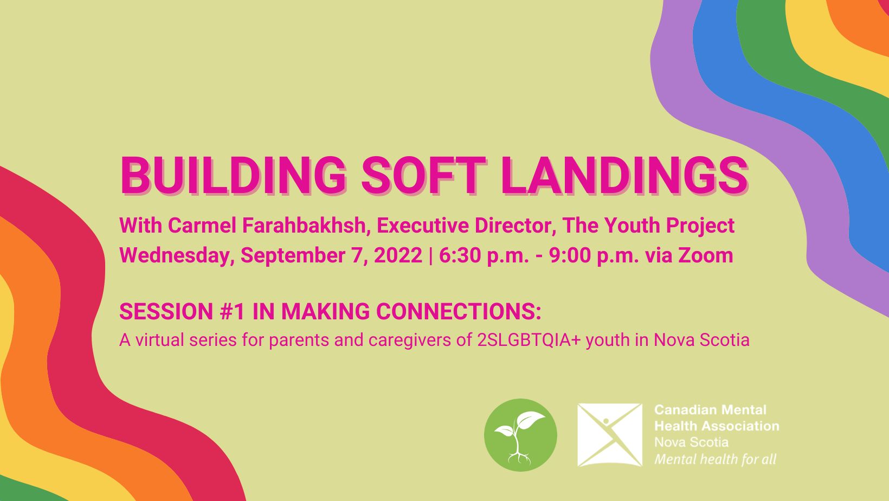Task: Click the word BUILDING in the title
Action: point(233,175)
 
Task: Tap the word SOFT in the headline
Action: point(423,175)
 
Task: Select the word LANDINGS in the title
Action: point(624,175)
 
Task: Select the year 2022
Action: point(398,255)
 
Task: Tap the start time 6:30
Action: point(460,255)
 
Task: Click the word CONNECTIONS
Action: point(459,311)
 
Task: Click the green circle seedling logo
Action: point(520,435)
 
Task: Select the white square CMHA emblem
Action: point(610,435)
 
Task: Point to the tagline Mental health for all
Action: point(715,459)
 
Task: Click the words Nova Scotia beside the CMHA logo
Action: point(691,442)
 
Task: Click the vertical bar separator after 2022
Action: point(430,255)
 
